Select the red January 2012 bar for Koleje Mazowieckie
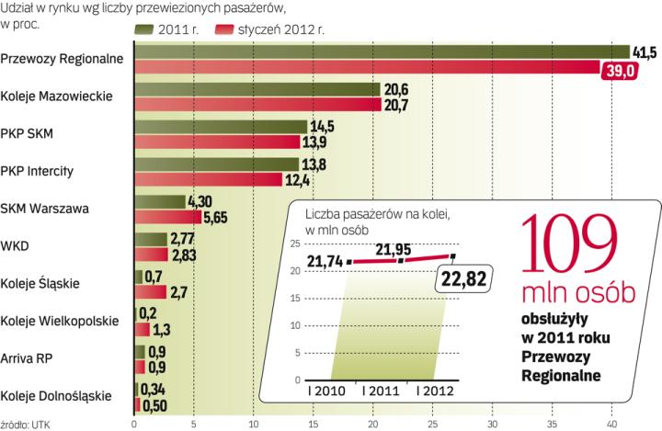257,104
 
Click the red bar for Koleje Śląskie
151,292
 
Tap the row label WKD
16,245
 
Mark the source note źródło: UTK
26,424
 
